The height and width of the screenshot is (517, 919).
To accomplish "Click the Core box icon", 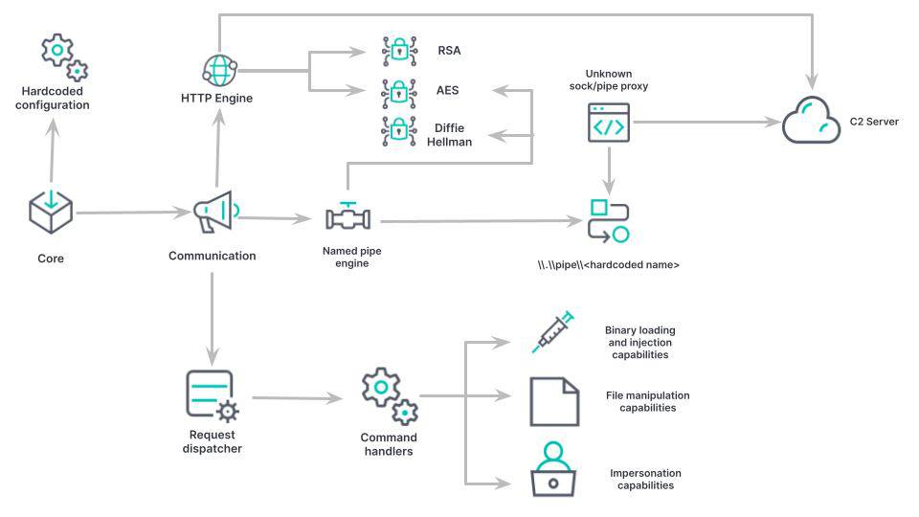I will point(50,212).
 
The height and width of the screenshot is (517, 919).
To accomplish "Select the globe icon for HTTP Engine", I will point(218,70).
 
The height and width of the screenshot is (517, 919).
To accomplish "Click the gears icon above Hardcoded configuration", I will point(63,56).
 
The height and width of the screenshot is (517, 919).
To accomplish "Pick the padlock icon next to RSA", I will point(396,50).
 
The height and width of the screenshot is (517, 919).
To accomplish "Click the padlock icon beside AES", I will point(396,92).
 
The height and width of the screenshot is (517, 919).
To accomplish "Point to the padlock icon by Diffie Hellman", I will point(396,130).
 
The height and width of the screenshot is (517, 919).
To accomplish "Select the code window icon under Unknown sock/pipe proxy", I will point(608,123).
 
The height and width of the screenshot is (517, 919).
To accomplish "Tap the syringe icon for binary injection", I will point(552,332).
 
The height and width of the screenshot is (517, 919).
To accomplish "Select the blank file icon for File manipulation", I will point(554,401).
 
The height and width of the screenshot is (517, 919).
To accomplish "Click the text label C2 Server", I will point(874,123).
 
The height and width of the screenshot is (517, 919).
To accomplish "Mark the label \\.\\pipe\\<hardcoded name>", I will point(608,264).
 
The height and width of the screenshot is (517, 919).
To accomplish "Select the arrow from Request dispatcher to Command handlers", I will point(296,396).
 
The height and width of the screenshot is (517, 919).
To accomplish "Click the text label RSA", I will point(447,50).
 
